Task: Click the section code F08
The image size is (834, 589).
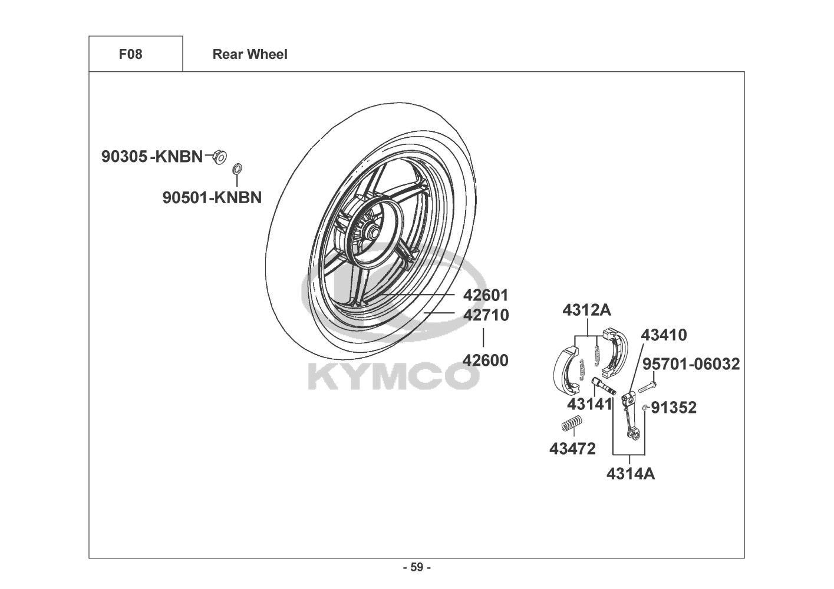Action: pyautogui.click(x=130, y=54)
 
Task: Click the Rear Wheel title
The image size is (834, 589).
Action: pyautogui.click(x=250, y=54)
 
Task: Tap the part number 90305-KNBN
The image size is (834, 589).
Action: pyautogui.click(x=152, y=157)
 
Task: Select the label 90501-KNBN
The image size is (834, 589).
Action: pyautogui.click(x=212, y=197)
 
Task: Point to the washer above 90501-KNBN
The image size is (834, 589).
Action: pyautogui.click(x=237, y=170)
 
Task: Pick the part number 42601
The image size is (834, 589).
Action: pyautogui.click(x=485, y=294)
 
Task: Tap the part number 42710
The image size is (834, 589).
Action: pyautogui.click(x=486, y=315)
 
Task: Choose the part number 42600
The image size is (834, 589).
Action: pyautogui.click(x=485, y=359)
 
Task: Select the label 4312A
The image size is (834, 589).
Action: pyautogui.click(x=586, y=310)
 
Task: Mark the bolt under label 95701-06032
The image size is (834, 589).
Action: pyautogui.click(x=646, y=386)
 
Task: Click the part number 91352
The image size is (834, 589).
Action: pyautogui.click(x=674, y=407)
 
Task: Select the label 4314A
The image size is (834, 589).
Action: pyautogui.click(x=631, y=473)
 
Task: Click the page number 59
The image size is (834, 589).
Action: pyautogui.click(x=417, y=568)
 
